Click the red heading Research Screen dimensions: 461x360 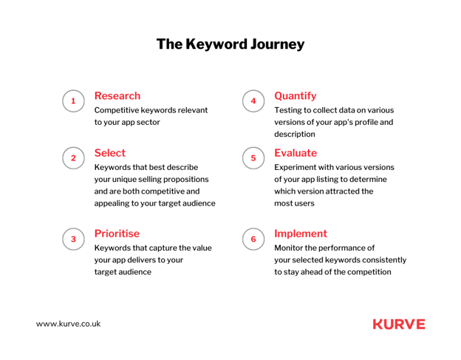coord(117,96)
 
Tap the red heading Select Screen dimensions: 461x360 coord(110,153)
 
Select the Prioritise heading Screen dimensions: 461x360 coord(117,234)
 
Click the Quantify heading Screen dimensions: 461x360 coord(296,96)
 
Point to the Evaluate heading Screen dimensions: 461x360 coord(296,153)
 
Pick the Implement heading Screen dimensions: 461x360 coord(301,234)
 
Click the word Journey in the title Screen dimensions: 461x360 coord(278,44)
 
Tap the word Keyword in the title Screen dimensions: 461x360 coord(216,44)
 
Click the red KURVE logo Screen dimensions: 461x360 coord(399,324)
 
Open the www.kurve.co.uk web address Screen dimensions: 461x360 coord(68,324)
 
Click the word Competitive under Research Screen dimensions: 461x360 coord(117,111)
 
